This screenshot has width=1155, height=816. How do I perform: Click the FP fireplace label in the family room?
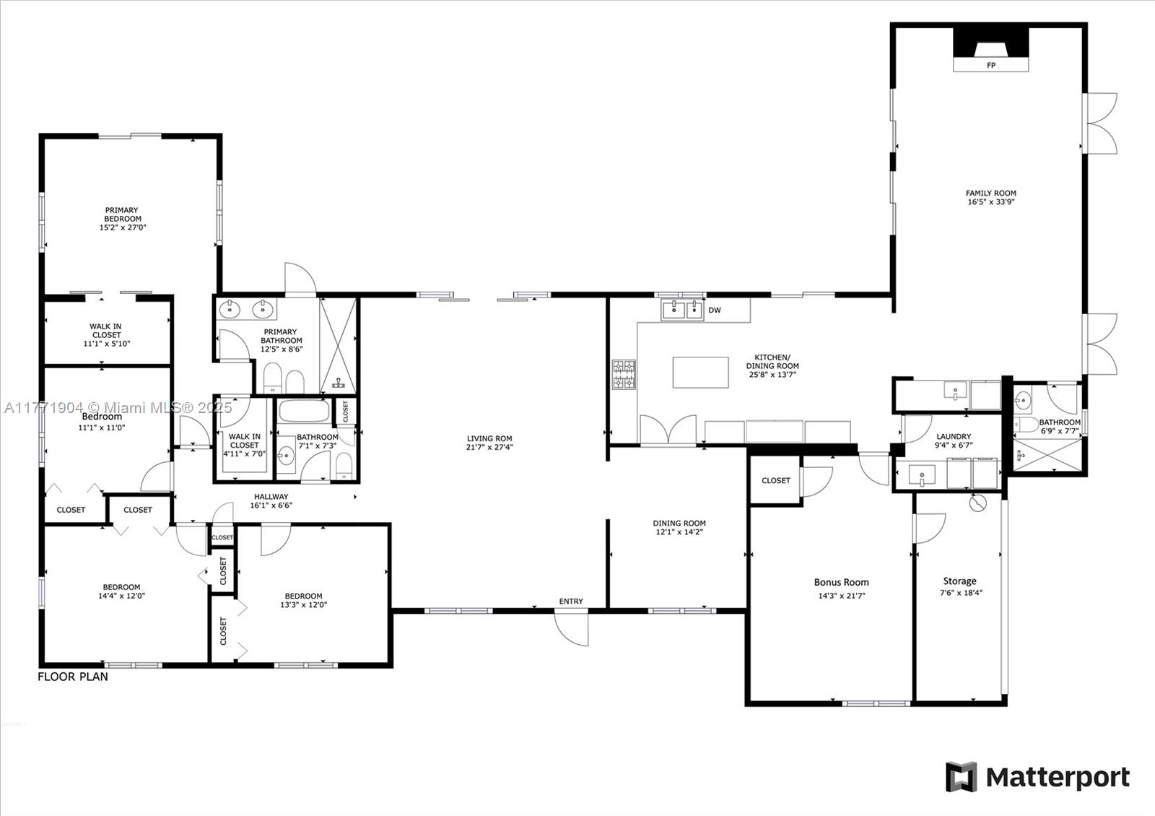[x=990, y=66]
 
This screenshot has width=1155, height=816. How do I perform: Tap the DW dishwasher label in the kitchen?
[x=714, y=311]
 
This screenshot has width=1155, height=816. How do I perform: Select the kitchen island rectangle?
[x=700, y=372]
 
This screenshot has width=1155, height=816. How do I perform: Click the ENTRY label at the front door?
[x=570, y=602]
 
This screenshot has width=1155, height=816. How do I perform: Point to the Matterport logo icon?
[x=961, y=777]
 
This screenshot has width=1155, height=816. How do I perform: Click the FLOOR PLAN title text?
[x=73, y=677]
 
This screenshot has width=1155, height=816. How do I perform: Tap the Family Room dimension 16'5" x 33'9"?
[x=991, y=202]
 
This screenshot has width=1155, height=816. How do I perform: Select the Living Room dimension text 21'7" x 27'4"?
[x=489, y=447]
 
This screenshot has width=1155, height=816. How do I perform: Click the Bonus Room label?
[x=841, y=582]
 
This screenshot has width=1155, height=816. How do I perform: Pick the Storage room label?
[x=959, y=581]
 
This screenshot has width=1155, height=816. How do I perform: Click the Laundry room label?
[x=954, y=436]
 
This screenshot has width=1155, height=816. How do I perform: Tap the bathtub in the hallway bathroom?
[x=304, y=412]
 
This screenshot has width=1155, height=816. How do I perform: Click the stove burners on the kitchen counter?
[x=624, y=374]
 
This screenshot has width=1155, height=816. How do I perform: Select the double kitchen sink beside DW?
[x=682, y=311]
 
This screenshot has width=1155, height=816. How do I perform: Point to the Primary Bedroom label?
[x=122, y=214]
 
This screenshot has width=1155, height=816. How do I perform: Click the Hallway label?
[x=271, y=497]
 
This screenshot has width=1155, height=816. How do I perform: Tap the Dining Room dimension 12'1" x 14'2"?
[x=679, y=532]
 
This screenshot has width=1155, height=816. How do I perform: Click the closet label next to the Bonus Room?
[x=776, y=480]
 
